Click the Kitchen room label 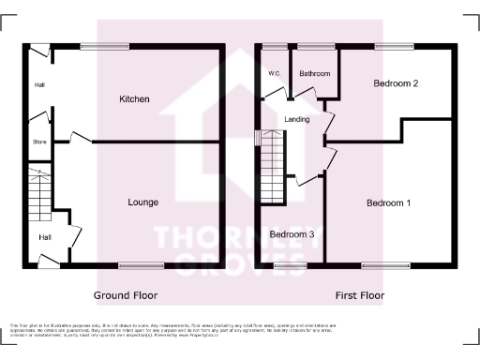(x=134, y=98)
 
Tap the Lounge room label (x=142, y=202)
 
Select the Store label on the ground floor (x=38, y=142)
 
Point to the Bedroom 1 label (x=388, y=202)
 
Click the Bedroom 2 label (x=395, y=83)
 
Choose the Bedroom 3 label (x=292, y=233)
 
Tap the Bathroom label (x=314, y=74)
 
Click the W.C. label (x=275, y=73)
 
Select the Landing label (x=298, y=118)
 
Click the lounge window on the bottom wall (x=139, y=265)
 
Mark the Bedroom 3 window (x=290, y=265)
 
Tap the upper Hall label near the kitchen (x=39, y=85)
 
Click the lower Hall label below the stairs (x=45, y=237)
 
